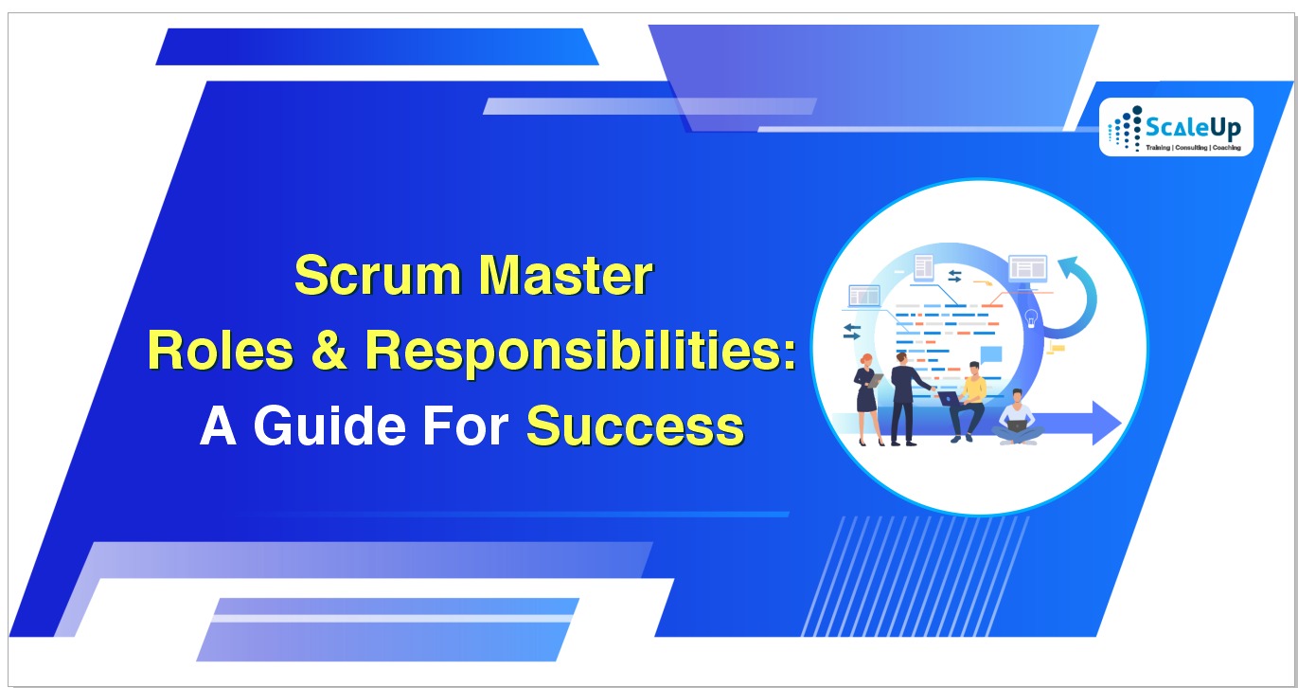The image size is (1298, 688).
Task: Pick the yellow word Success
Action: click(x=634, y=426)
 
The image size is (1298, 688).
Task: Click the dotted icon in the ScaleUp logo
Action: click(x=1124, y=130)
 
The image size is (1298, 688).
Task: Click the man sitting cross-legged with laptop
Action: click(x=1016, y=418)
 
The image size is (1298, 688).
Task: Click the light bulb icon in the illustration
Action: click(x=1032, y=317)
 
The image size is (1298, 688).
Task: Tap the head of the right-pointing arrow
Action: click(x=1105, y=422)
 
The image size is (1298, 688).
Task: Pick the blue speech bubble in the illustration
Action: click(x=990, y=356)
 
